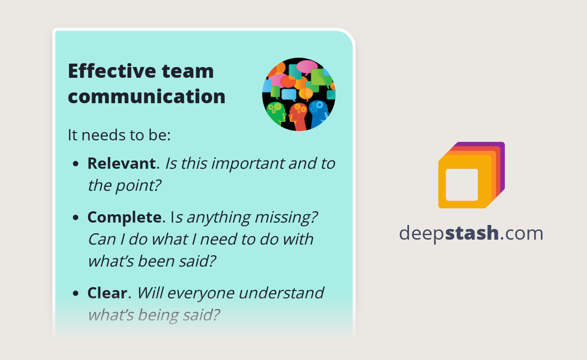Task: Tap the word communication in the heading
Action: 146,96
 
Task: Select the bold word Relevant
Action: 121,163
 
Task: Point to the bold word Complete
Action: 124,217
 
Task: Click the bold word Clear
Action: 107,293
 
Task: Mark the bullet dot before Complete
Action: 76,218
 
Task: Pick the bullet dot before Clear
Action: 76,294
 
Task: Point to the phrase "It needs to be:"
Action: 119,135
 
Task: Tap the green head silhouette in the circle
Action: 277,112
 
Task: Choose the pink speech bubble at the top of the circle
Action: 307,66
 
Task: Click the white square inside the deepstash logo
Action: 462,184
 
